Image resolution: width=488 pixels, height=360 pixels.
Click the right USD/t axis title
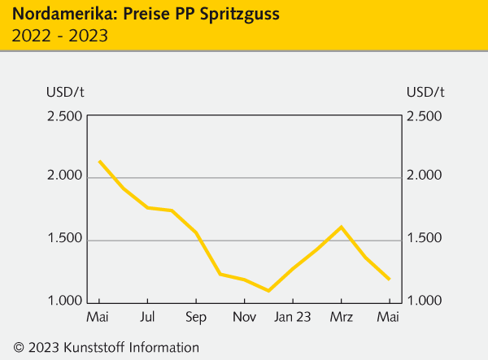425,90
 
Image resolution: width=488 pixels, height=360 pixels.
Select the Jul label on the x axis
147,316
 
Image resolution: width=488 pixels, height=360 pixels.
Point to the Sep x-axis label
195,316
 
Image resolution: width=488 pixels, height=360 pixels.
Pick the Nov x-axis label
243,316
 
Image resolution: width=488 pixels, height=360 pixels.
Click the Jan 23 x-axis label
292,316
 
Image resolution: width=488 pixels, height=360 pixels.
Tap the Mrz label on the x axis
341,316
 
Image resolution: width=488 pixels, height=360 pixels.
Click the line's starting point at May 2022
99,161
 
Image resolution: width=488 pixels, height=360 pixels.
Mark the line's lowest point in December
268,290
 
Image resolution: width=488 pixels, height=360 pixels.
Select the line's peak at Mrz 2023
341,227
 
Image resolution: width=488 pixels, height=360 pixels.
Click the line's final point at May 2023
390,279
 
